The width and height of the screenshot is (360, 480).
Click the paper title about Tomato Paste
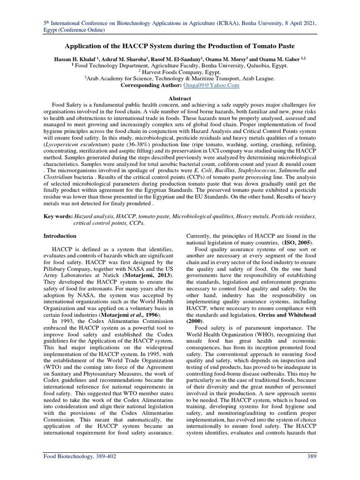180,47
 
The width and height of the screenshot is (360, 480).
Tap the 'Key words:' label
58,217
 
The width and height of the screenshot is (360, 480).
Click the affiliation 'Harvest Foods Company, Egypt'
182,73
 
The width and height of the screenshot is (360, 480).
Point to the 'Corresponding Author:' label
150,86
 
